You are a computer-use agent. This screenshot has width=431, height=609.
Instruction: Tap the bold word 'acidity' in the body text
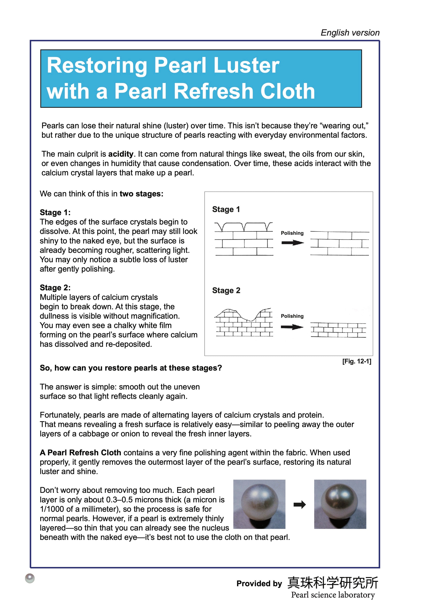[120, 154]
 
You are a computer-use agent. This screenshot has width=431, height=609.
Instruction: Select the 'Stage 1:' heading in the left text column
[55, 212]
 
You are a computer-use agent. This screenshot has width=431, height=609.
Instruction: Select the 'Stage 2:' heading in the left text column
[55, 287]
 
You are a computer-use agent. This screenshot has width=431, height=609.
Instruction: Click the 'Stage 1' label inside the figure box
[226, 209]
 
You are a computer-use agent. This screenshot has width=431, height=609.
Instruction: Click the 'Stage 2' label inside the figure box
[226, 290]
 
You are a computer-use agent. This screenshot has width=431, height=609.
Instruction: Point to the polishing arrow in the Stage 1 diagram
[292, 243]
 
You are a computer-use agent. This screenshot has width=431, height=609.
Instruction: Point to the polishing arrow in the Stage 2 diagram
[292, 327]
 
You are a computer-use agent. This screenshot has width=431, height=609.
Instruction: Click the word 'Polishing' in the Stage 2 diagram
[292, 316]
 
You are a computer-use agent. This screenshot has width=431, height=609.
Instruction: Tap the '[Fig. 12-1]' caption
[356, 361]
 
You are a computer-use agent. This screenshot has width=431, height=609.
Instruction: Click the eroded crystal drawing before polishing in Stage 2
[244, 323]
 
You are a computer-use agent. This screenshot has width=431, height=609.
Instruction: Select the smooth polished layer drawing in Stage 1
[340, 243]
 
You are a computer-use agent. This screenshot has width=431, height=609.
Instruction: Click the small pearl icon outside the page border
[30, 578]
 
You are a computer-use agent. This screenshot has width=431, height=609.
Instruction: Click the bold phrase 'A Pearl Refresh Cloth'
[80, 453]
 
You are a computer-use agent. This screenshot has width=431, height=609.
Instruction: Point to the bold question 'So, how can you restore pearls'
[131, 368]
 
